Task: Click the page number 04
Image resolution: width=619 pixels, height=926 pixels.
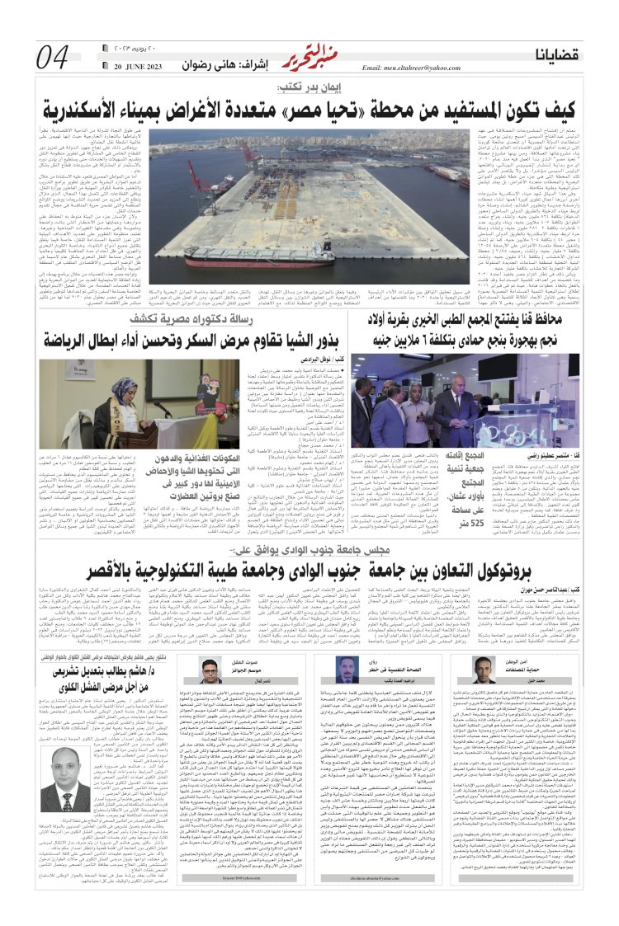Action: (x=52, y=57)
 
